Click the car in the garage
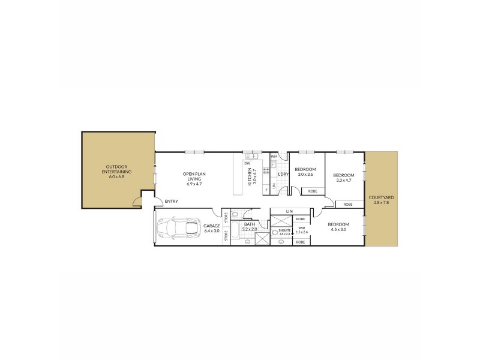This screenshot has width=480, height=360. (x=179, y=228)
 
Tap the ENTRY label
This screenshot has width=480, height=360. (x=171, y=201)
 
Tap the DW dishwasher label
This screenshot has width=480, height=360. (x=247, y=163)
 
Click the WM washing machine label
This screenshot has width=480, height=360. (x=274, y=157)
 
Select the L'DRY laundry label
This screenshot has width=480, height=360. (x=283, y=174)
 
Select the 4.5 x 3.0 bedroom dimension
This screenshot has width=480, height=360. (x=338, y=229)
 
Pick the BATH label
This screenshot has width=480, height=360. (x=249, y=224)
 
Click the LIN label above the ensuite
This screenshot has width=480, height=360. (x=289, y=211)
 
